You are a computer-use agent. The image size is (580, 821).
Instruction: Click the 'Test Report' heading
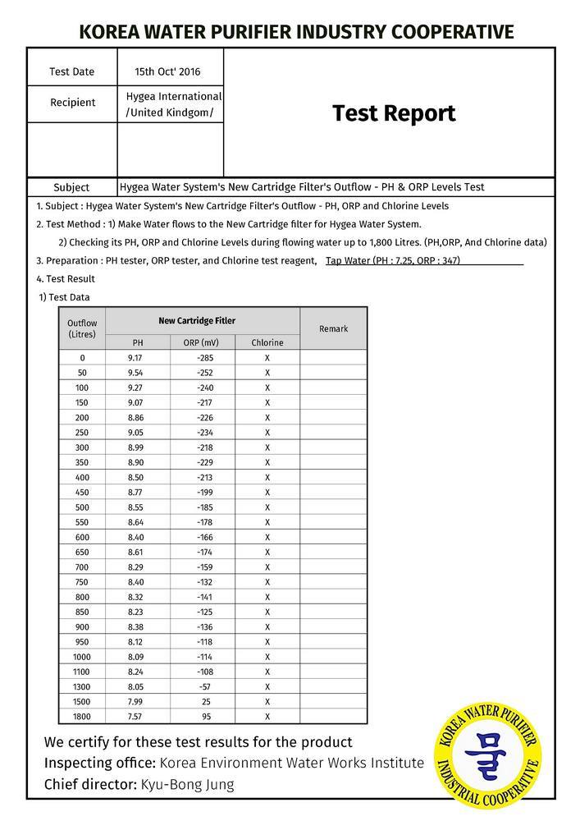(393, 113)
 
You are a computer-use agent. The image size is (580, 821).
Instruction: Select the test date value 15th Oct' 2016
(167, 72)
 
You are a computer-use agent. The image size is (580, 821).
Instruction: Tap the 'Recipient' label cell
(72, 103)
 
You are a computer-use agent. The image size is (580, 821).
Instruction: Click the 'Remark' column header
(333, 328)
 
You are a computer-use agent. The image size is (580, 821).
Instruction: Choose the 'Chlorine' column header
(267, 342)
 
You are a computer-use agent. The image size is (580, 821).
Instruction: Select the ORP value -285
(205, 358)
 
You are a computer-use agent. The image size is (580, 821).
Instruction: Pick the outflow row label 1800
(82, 716)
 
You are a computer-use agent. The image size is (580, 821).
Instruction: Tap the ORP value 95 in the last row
(207, 716)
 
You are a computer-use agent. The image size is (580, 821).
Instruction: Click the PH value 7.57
(136, 716)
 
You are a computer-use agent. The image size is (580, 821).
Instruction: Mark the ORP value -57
(206, 686)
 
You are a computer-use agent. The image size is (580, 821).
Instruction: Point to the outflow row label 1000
(82, 657)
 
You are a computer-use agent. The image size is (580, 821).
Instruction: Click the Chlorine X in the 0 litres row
(267, 358)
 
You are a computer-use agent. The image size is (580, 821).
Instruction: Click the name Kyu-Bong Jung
(187, 784)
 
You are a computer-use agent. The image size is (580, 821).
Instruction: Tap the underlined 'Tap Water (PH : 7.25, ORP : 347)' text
(393, 261)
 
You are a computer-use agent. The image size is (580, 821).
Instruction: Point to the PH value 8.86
(136, 418)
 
